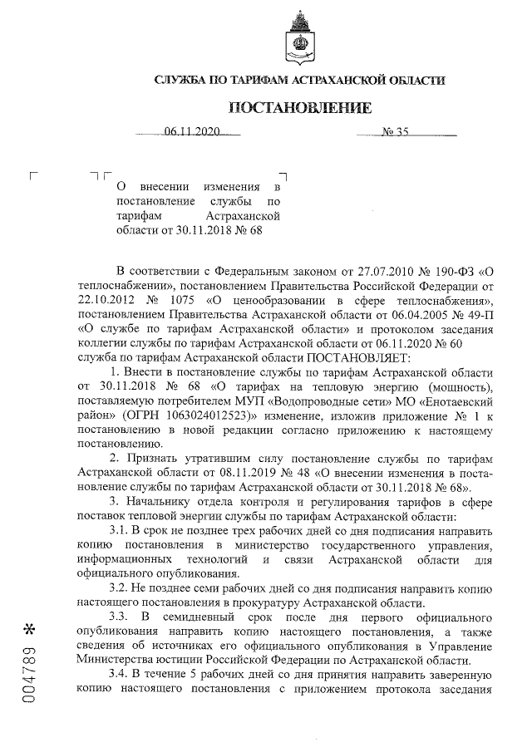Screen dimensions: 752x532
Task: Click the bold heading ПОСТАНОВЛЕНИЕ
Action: (300, 108)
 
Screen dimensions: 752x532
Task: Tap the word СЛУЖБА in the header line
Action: (181, 80)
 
